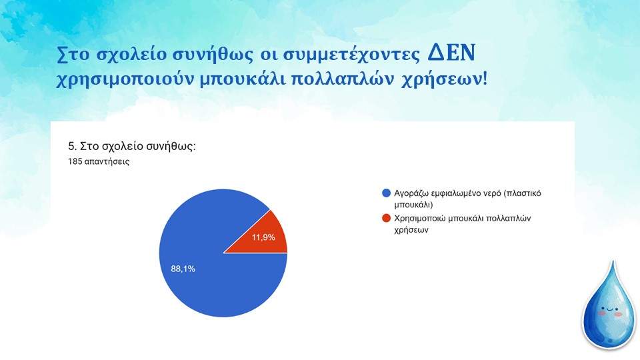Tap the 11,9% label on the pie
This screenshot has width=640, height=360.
[x=263, y=237]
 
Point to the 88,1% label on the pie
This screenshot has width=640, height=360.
[x=183, y=269]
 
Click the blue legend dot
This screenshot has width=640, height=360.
[x=386, y=193]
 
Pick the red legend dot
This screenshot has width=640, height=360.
[x=386, y=218]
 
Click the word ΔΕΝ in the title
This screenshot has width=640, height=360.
[x=451, y=53]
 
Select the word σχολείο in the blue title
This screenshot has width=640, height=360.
[x=129, y=55]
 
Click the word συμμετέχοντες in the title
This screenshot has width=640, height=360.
[x=351, y=55]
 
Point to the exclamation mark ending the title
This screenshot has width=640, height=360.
[x=485, y=77]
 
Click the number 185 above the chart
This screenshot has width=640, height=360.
[x=75, y=161]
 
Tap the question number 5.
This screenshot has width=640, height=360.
[x=72, y=146]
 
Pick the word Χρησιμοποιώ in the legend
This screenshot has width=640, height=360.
[x=419, y=219]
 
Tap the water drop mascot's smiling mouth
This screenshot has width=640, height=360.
[x=610, y=310]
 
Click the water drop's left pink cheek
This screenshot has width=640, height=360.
[x=601, y=313]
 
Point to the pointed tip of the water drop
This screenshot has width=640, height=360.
[x=613, y=261]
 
